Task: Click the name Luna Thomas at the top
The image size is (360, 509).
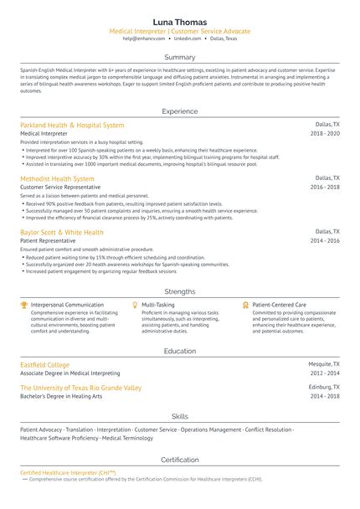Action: click(180, 21)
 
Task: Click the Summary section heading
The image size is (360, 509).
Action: click(180, 57)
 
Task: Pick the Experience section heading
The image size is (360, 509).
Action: click(180, 111)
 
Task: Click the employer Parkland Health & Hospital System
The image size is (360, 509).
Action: click(72, 125)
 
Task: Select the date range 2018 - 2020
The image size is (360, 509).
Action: click(325, 133)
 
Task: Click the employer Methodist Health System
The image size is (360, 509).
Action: click(57, 178)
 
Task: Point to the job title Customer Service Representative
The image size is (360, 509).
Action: click(61, 188)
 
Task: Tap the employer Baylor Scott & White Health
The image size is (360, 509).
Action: click(62, 232)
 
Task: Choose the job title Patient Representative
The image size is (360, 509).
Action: click(48, 241)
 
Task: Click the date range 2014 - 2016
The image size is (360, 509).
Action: click(325, 240)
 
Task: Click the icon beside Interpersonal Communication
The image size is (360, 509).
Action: click(24, 305)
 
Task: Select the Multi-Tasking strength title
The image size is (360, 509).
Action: click(158, 305)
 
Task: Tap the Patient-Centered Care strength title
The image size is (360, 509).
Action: click(279, 305)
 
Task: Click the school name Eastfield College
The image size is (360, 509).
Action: click(47, 365)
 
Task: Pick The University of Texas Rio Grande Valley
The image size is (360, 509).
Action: click(80, 388)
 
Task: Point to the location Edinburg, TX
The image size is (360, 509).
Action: click(324, 388)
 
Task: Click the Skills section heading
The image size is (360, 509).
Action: click(180, 415)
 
